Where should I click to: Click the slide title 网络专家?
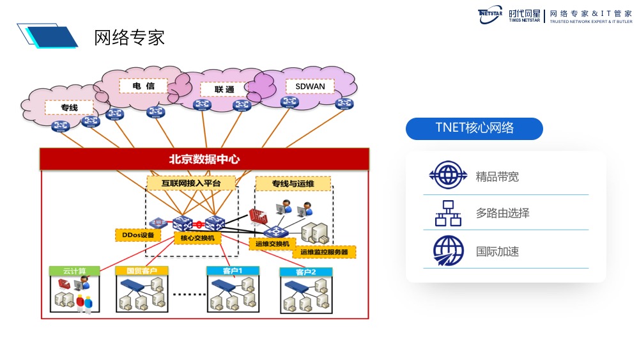[x=130, y=38]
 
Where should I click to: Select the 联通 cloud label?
[x=224, y=90]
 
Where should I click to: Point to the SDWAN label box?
[x=310, y=86]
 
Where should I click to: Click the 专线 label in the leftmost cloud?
[x=69, y=107]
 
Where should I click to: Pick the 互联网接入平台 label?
[x=191, y=184]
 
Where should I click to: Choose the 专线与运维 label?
[x=293, y=184]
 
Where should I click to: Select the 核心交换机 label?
[x=197, y=238]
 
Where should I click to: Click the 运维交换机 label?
[x=272, y=244]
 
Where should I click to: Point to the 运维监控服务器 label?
[x=325, y=252]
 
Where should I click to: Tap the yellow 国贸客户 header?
[x=141, y=271]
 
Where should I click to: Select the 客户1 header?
[x=233, y=271]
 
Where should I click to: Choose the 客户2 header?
[x=306, y=272]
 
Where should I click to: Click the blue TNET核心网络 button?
[x=474, y=128]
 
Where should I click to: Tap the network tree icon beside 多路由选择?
[x=448, y=214]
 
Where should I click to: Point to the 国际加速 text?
[x=497, y=252]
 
